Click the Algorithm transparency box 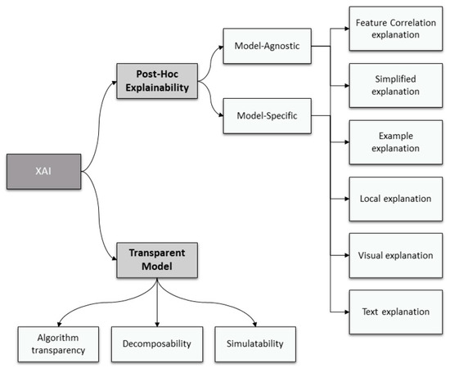click(53, 344)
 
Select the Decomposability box click(155, 344)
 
